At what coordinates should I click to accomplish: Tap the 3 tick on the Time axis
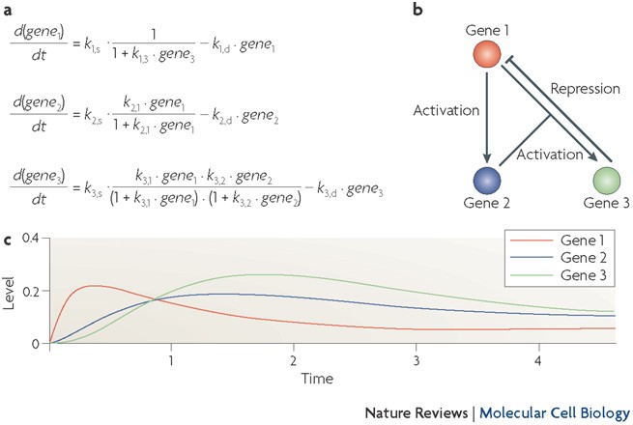(414, 360)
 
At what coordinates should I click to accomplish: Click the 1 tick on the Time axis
(171, 360)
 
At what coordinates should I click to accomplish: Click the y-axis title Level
(12, 291)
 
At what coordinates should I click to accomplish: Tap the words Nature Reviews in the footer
(413, 411)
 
